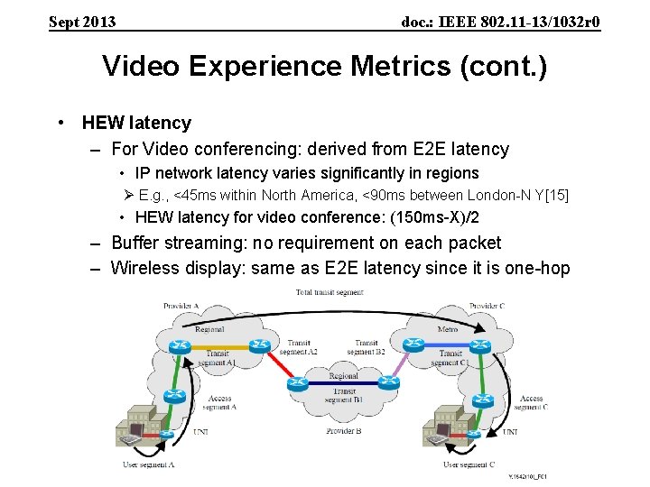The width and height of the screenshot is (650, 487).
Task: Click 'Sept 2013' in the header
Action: pyautogui.click(x=82, y=22)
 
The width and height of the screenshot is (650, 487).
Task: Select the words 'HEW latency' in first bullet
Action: pyautogui.click(x=136, y=123)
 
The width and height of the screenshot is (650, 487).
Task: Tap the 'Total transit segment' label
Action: pyautogui.click(x=330, y=292)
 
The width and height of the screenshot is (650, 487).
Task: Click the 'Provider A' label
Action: pyautogui.click(x=181, y=307)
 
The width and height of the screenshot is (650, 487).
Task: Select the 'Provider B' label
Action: pyautogui.click(x=344, y=431)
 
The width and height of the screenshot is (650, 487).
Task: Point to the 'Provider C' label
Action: pyautogui.click(x=486, y=307)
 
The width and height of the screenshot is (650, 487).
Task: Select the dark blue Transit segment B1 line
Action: pyautogui.click(x=343, y=384)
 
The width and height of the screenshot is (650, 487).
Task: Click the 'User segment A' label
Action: pyautogui.click(x=148, y=464)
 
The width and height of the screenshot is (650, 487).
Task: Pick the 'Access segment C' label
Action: pyautogui.click(x=531, y=402)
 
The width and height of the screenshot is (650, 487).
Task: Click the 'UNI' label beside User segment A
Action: pyautogui.click(x=200, y=432)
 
